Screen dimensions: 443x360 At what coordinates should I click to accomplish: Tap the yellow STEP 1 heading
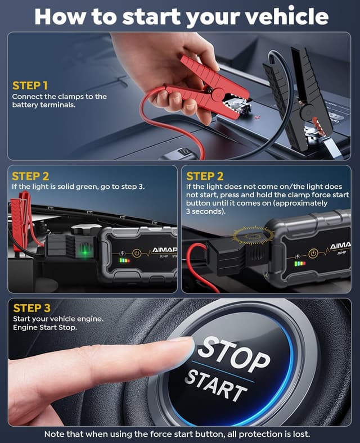click(x=30, y=85)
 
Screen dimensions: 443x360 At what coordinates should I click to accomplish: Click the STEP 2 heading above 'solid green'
click(x=30, y=176)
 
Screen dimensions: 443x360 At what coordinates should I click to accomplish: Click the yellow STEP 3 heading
click(x=31, y=308)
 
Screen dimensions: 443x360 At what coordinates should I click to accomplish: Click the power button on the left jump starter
click(x=136, y=254)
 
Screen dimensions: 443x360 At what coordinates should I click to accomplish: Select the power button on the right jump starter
click(x=313, y=254)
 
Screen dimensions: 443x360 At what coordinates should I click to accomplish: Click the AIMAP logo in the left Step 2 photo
click(x=165, y=251)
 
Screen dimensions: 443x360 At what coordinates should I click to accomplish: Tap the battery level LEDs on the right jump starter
click(x=299, y=263)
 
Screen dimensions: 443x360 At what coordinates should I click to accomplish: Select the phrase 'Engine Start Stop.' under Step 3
click(x=44, y=328)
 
